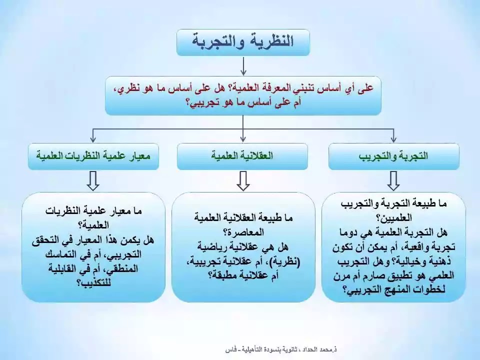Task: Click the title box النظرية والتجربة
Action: click(x=243, y=42)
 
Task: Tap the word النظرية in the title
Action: click(x=270, y=41)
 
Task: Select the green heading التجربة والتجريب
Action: click(x=393, y=156)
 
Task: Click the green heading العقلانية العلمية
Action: click(x=242, y=156)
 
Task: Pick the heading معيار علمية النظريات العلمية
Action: click(x=93, y=156)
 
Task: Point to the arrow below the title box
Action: click(x=243, y=66)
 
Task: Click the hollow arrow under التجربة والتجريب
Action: click(x=393, y=181)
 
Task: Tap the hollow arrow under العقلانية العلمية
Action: click(x=243, y=181)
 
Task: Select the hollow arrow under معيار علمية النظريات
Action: click(x=93, y=181)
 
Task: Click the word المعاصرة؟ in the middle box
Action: click(x=243, y=232)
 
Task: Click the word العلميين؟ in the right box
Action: click(x=393, y=218)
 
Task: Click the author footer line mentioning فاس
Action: click(x=281, y=349)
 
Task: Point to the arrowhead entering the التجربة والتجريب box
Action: click(x=393, y=139)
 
